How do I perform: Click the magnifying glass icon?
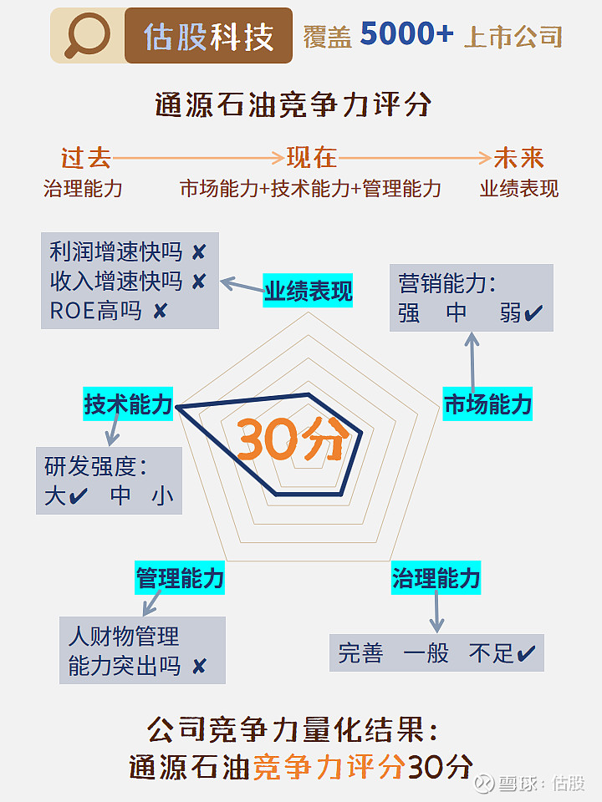[87, 35]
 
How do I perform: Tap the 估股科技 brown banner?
[208, 35]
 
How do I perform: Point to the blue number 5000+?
[407, 33]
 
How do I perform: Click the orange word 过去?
[85, 158]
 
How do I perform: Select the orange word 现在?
[311, 158]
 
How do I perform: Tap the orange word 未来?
[518, 158]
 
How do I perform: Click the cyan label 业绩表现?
[309, 291]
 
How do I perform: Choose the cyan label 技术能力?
[128, 404]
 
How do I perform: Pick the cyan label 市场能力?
[487, 404]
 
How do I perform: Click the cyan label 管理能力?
[180, 578]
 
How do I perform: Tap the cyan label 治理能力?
[436, 578]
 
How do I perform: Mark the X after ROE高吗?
[161, 311]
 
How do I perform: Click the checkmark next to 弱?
[533, 312]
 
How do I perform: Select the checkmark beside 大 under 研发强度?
[79, 495]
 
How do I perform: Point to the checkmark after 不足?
[526, 652]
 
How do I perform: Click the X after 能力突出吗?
[199, 666]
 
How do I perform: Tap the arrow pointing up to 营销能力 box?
[472, 362]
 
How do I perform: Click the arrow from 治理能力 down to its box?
[436, 612]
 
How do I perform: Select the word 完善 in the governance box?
[360, 653]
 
